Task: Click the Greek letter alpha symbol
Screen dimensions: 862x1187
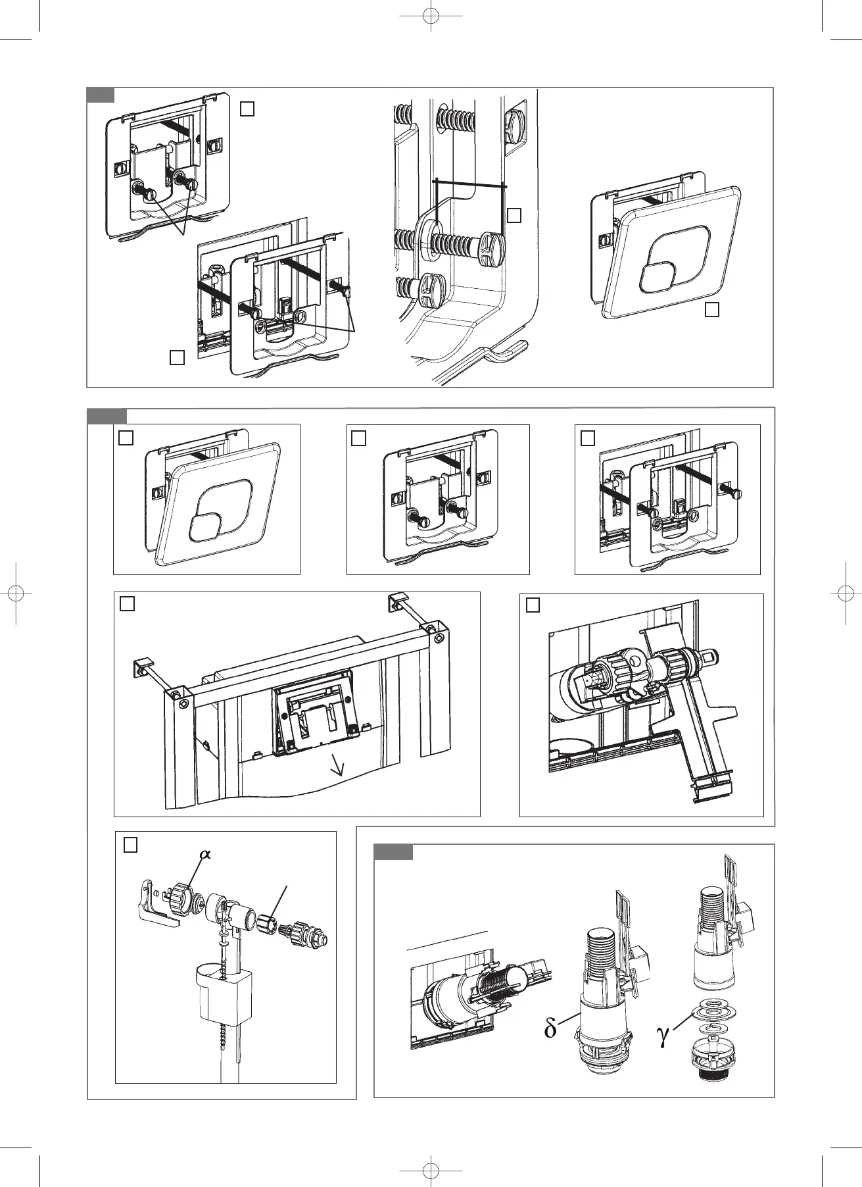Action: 206,853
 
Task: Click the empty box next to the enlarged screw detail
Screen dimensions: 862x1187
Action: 515,215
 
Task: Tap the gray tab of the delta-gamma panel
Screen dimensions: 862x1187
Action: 393,851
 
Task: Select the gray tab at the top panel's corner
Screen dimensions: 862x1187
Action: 101,95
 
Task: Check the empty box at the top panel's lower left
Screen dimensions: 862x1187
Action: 176,357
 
